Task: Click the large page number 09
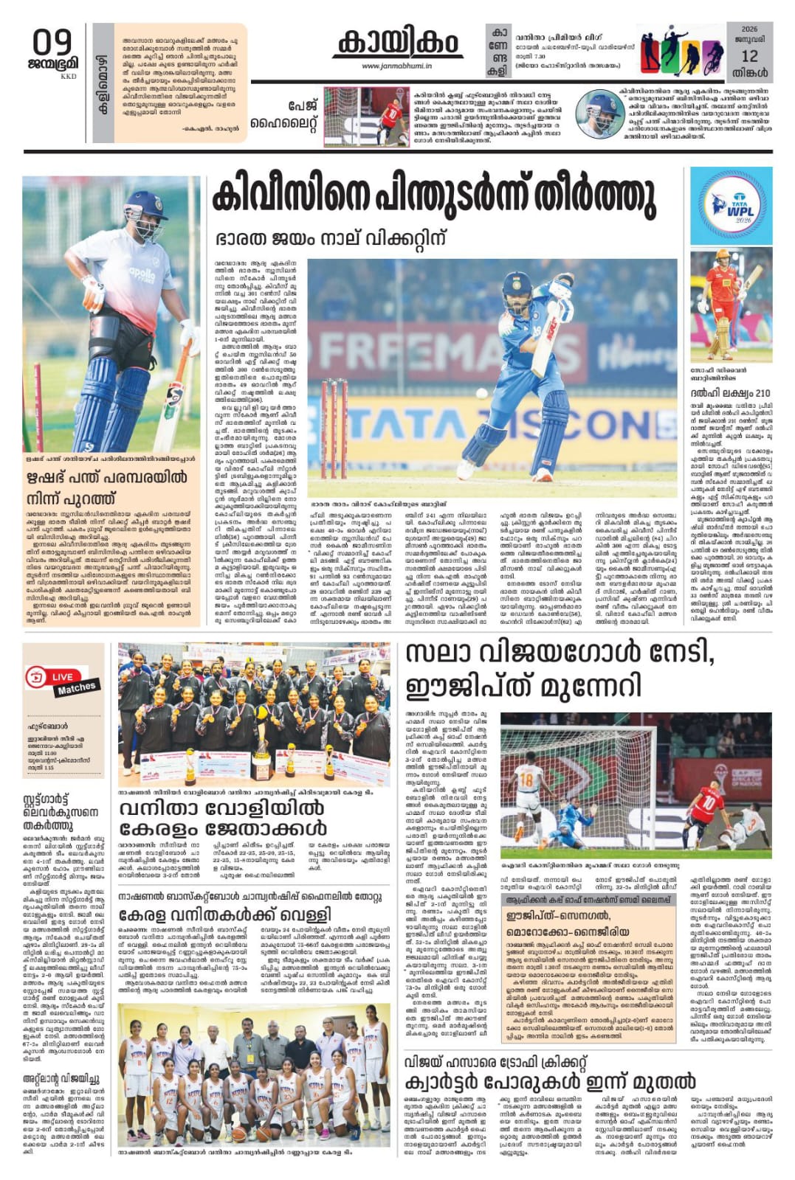(52, 43)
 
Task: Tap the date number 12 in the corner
(749, 56)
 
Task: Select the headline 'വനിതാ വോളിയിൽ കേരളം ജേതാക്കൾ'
(221, 819)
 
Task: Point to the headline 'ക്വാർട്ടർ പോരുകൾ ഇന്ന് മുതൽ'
(550, 1082)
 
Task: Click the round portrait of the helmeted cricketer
(599, 114)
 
